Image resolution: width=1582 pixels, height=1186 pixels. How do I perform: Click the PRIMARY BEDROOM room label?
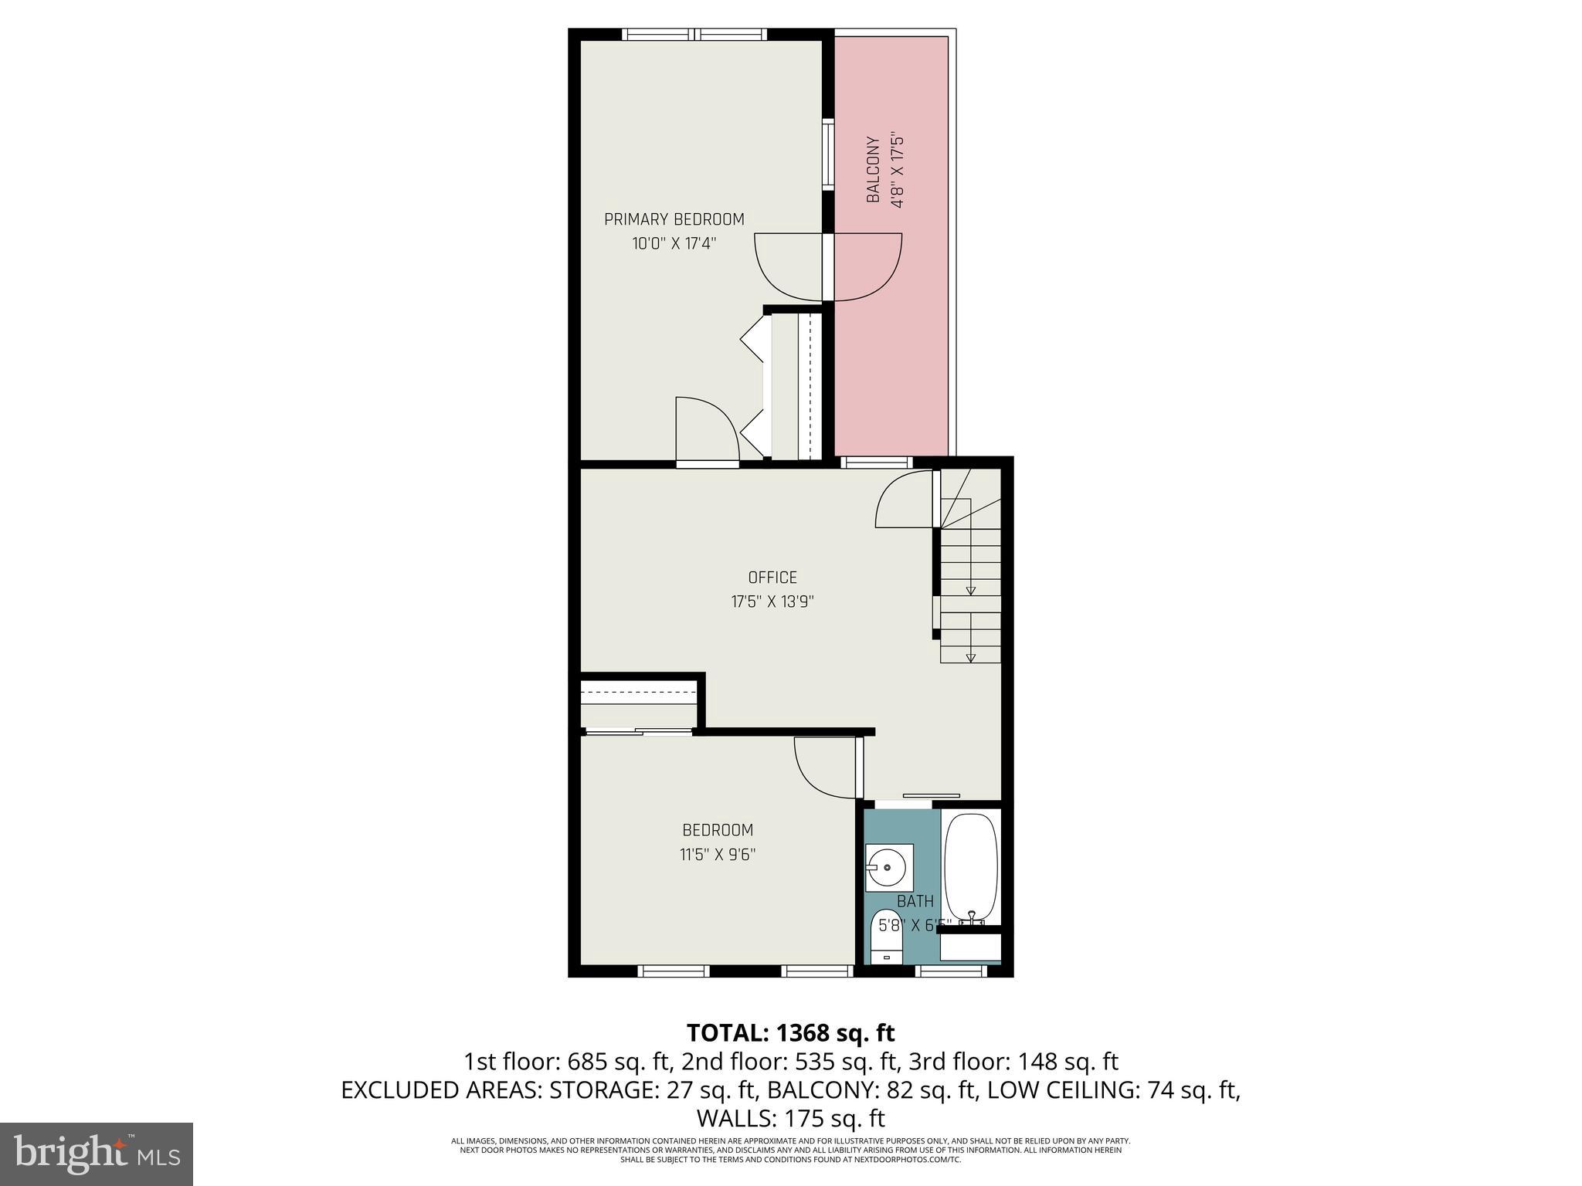pos(674,219)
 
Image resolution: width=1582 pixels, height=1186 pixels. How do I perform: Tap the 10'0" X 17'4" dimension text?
pos(674,244)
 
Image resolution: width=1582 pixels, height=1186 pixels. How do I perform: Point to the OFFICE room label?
pos(772,578)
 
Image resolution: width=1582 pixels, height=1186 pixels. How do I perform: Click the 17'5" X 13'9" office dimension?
pos(772,601)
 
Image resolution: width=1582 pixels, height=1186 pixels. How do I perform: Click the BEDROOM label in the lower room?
pos(717,830)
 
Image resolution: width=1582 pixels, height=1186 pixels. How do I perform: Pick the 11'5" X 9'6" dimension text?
pos(717,855)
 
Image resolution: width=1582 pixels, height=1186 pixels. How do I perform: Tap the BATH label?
pos(915,901)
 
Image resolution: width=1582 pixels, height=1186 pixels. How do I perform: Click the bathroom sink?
pos(888,868)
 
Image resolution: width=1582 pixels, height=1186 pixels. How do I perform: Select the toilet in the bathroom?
pos(886,936)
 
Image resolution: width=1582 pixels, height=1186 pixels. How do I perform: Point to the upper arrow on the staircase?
pos(971,590)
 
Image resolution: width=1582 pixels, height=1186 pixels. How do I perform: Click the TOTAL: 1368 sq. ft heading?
pos(790,1032)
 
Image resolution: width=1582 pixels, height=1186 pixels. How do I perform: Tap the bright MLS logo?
pos(96,1154)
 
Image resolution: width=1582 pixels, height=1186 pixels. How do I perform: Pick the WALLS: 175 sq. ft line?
pos(790,1117)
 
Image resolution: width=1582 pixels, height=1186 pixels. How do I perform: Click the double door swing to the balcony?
pos(828,266)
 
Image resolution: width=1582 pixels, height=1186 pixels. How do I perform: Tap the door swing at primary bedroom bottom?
pos(706,429)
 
